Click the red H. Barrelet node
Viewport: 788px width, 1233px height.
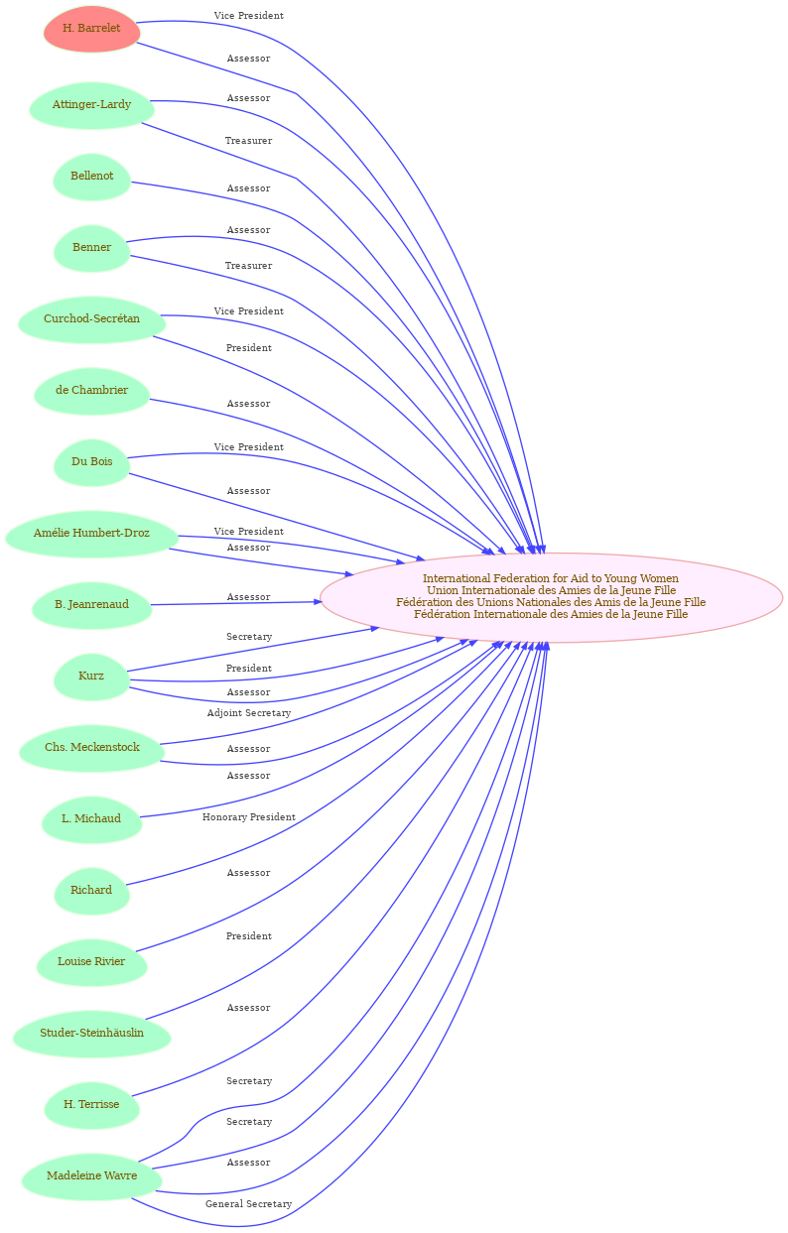coord(91,29)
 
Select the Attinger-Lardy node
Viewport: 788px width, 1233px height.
coord(91,105)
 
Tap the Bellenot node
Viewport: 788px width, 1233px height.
coord(91,177)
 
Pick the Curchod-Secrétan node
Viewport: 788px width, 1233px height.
coord(91,319)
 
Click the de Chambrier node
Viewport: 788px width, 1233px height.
coord(91,391)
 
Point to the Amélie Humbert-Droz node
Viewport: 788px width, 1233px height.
coord(91,534)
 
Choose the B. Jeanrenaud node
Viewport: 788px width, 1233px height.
coord(91,605)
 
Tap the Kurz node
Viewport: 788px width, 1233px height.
coord(91,677)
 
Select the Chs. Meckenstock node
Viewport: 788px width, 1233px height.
coord(91,748)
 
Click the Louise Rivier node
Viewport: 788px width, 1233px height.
coord(91,962)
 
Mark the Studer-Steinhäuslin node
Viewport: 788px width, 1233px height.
coord(91,1034)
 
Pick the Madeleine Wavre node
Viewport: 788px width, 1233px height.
coord(91,1176)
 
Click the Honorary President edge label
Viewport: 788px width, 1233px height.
coord(249,817)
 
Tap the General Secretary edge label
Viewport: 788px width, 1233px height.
coord(249,1204)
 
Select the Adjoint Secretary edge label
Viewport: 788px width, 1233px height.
coord(249,713)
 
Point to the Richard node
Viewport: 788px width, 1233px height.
coord(91,891)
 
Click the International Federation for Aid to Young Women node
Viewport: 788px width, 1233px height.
coord(551,597)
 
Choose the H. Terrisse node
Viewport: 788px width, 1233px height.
coord(91,1105)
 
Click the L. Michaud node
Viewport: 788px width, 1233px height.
coord(91,819)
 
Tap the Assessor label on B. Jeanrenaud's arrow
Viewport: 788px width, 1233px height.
coord(249,597)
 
